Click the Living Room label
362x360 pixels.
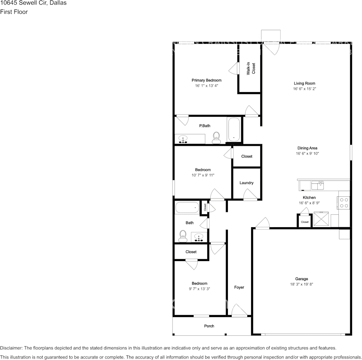304,83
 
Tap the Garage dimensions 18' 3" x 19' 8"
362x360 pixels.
301,284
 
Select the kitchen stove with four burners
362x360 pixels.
344,203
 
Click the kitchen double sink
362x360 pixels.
318,185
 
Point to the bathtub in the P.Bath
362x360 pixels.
234,130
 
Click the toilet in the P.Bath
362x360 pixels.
216,138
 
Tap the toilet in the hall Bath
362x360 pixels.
183,236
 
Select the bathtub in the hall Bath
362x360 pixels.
187,207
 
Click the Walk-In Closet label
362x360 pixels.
251,68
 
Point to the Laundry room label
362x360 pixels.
246,183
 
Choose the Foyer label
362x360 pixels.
239,287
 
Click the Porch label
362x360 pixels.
209,326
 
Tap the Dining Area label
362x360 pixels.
307,148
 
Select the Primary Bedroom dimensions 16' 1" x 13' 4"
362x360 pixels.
207,86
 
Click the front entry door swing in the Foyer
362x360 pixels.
239,309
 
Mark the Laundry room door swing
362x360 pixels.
250,194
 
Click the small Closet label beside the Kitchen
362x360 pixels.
304,222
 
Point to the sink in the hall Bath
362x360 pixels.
199,237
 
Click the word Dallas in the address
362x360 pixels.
58,3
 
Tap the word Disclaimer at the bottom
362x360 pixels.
11,348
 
